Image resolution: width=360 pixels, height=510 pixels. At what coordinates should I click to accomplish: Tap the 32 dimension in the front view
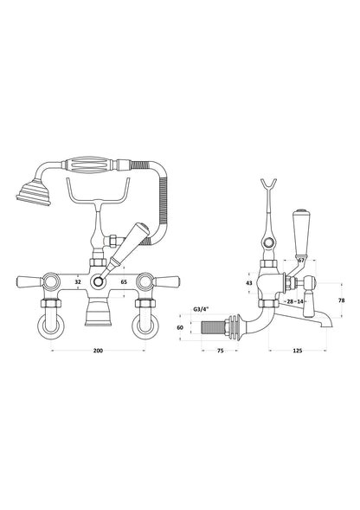coord(79,281)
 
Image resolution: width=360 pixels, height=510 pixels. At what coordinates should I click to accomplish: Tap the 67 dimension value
coord(300,259)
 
